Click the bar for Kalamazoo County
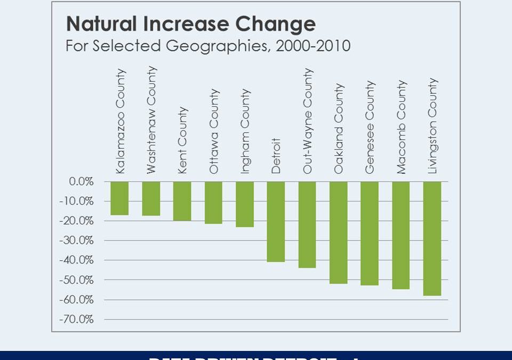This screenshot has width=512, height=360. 119,198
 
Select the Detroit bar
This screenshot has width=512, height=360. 276,221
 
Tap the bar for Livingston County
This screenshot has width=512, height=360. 432,238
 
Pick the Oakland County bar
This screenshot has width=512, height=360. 338,233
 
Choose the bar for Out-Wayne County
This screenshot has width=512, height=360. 307,225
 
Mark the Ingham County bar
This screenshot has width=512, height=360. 245,204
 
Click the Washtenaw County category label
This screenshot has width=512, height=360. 151,120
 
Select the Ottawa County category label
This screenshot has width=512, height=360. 214,131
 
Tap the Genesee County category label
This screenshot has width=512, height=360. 370,127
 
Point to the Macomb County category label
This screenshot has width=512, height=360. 402,127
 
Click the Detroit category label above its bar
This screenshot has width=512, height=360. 276,156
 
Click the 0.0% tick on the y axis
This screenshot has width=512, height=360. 81,181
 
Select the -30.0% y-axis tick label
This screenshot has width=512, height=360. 78,241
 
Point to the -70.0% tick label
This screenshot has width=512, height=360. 78,319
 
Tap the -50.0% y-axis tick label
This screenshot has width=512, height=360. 78,280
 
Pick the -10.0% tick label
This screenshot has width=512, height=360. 78,201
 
